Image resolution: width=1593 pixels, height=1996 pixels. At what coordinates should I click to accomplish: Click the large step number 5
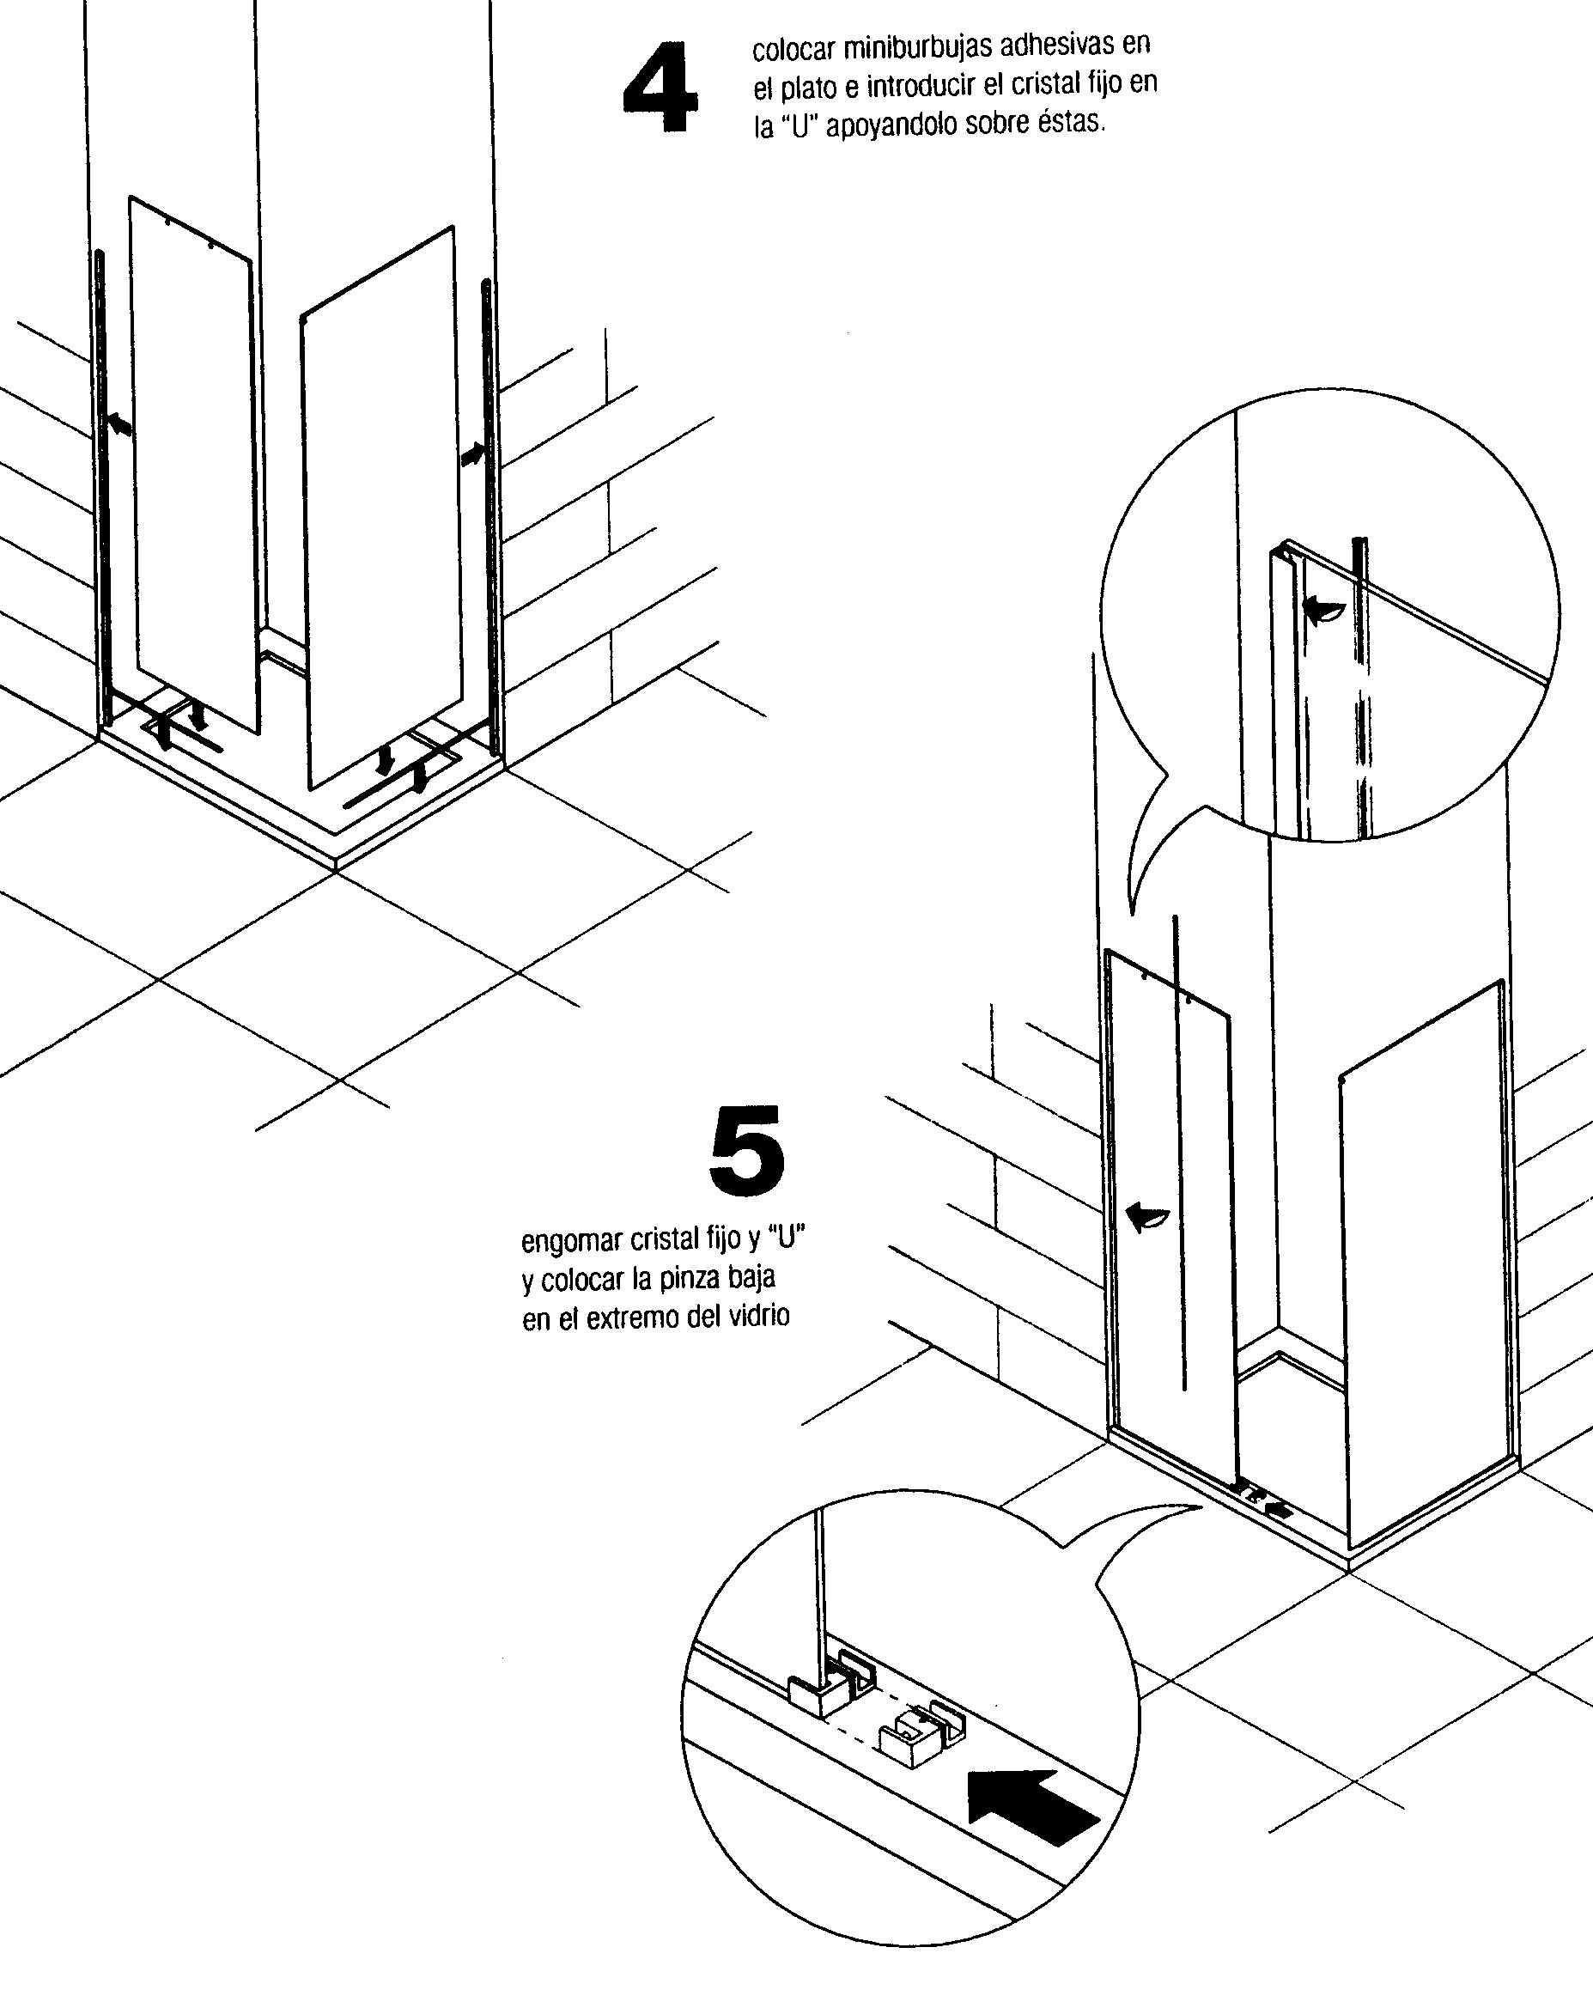[746, 1150]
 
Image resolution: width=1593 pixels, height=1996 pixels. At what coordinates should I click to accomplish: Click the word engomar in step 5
[572, 1241]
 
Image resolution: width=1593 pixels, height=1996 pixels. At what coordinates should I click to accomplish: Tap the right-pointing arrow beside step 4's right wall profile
[473, 454]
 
